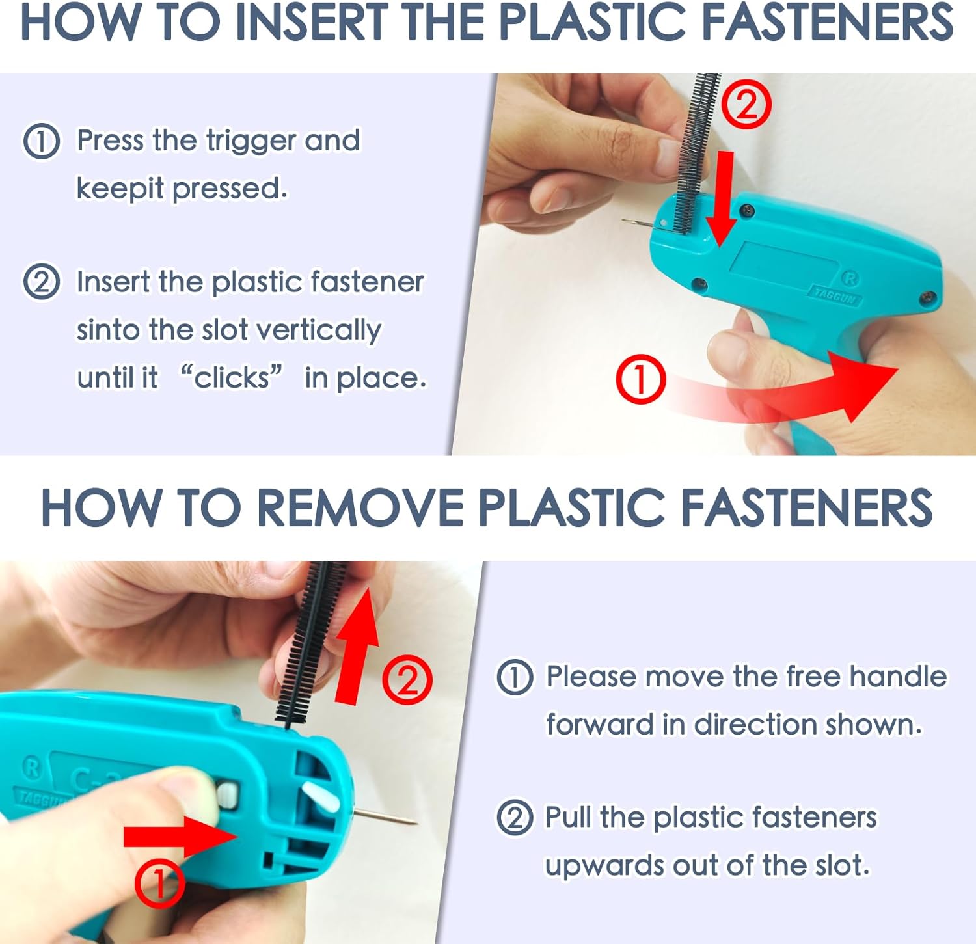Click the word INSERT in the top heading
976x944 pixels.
311,23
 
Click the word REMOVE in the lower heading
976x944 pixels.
360,508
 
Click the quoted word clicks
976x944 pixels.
232,377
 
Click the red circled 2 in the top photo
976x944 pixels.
747,105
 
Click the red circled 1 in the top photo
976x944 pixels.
640,379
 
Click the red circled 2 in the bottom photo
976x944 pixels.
407,680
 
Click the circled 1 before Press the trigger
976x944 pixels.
42,141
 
